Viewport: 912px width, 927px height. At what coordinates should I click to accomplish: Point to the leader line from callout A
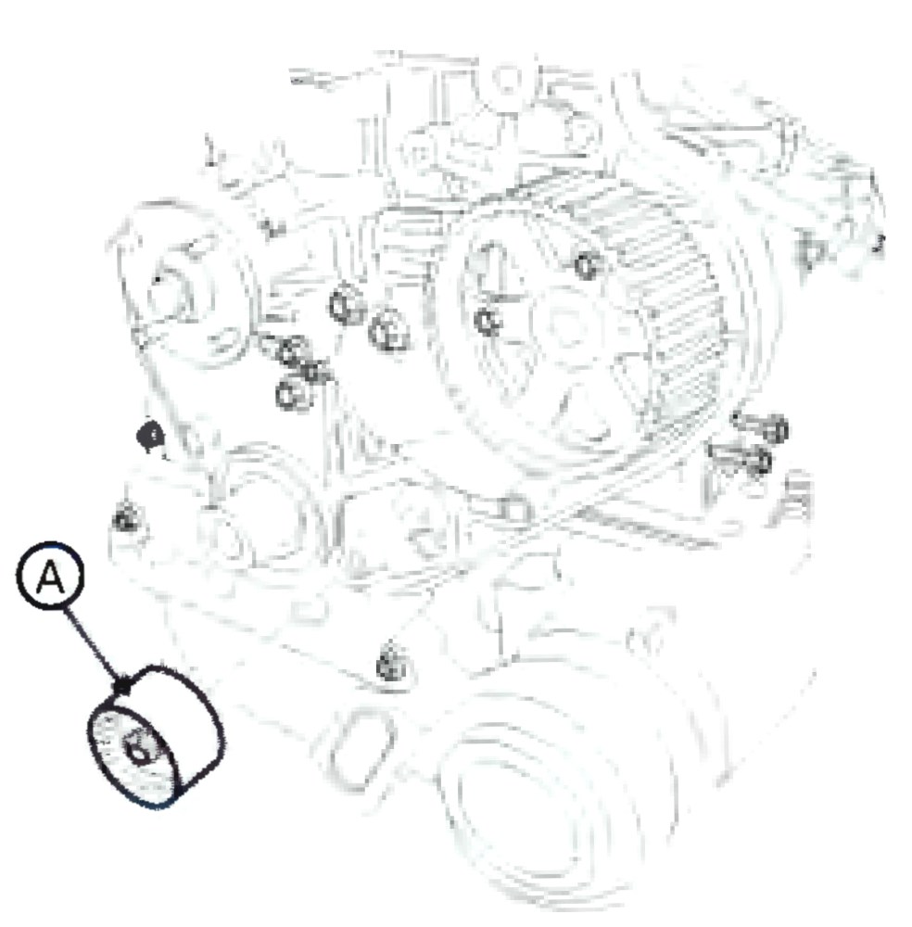point(94,646)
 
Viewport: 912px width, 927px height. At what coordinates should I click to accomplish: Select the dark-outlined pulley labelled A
point(155,737)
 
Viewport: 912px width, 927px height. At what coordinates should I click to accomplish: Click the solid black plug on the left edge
point(150,437)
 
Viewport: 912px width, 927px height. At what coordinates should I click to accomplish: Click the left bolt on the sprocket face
point(487,323)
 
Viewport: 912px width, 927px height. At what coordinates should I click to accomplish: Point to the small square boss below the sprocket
point(513,511)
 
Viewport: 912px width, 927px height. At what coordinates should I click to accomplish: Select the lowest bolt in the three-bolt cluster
point(293,394)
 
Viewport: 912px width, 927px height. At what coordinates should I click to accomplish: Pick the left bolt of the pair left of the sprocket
point(345,306)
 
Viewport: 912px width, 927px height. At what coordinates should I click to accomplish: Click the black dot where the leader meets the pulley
point(121,687)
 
